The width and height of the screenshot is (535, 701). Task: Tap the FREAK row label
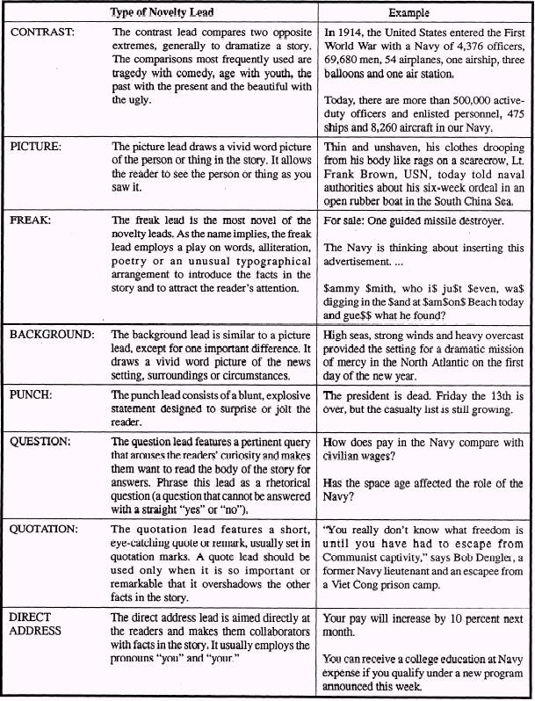[29, 220]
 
